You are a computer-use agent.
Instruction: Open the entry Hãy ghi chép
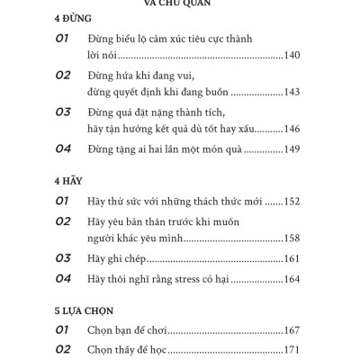[x=122, y=260]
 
